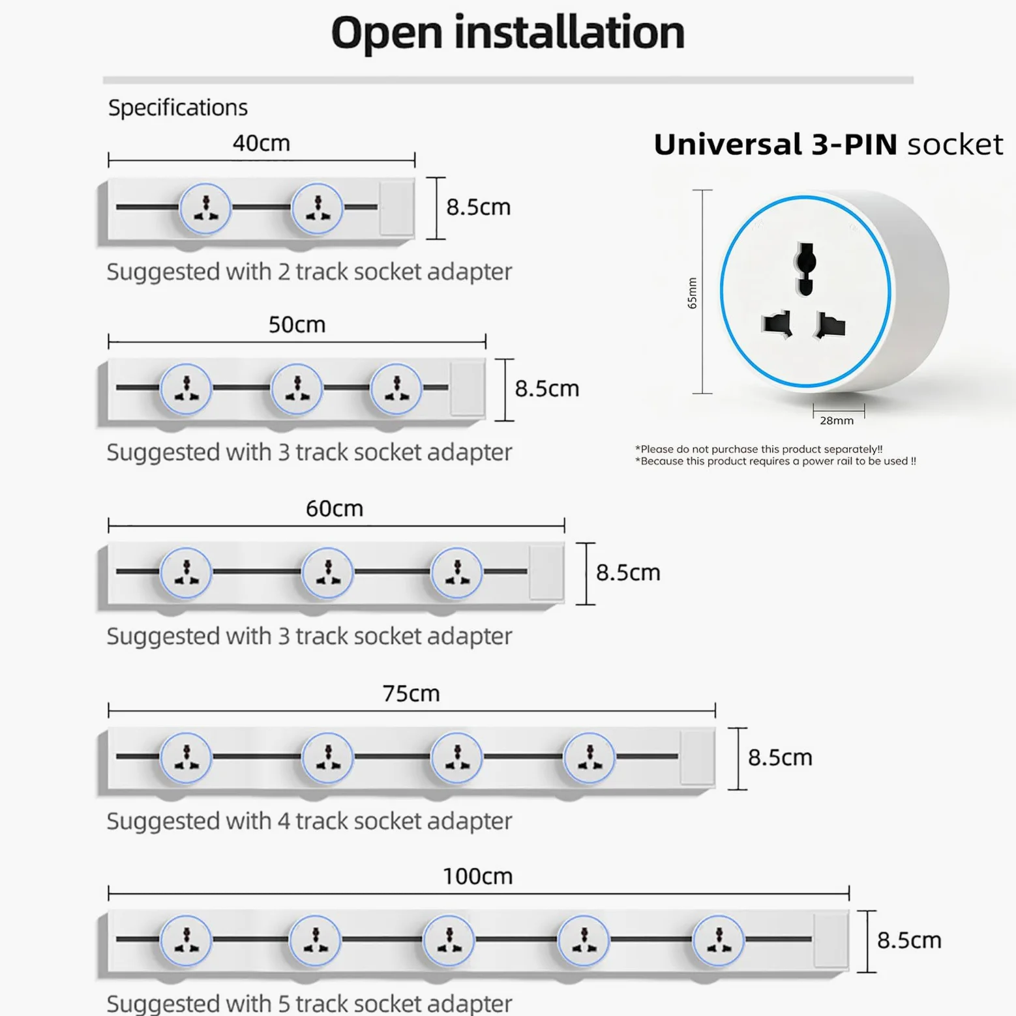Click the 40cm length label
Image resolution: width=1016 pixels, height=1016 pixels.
(x=261, y=143)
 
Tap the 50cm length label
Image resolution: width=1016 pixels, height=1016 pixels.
(x=297, y=325)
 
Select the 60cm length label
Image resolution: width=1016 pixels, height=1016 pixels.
(x=335, y=508)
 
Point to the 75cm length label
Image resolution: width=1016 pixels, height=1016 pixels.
(x=411, y=693)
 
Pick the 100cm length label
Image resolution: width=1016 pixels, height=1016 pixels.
(x=477, y=877)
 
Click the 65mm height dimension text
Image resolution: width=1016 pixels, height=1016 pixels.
(x=692, y=293)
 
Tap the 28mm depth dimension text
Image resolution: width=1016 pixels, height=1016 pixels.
(x=837, y=421)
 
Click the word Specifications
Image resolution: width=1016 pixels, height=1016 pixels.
(x=178, y=108)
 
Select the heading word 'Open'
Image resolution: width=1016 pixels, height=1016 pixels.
(x=387, y=33)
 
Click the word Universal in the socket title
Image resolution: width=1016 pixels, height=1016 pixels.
(x=728, y=144)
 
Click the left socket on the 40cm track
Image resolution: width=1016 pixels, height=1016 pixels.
(x=205, y=209)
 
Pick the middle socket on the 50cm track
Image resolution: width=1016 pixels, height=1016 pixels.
(x=297, y=389)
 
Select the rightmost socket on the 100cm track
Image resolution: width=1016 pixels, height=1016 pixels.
(x=718, y=940)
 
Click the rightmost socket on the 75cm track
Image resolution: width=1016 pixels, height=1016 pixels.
(x=589, y=757)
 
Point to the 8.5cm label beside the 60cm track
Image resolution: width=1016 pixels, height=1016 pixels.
(x=628, y=572)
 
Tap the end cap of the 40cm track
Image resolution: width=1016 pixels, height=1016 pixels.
(x=396, y=208)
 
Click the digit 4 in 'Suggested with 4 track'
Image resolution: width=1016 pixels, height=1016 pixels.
(x=284, y=821)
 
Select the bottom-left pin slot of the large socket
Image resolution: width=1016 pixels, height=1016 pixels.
(x=777, y=324)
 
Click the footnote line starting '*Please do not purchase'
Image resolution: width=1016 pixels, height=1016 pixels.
(x=758, y=449)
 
